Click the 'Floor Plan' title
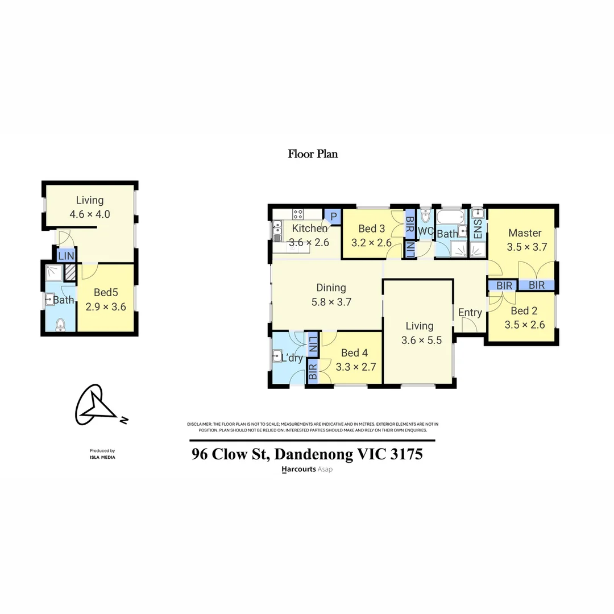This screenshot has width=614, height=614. click(313, 153)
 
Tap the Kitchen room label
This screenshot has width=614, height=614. click(309, 229)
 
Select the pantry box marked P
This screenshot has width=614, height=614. click(332, 217)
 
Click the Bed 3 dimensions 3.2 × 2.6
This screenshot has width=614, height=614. click(367, 243)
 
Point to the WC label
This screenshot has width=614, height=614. click(426, 231)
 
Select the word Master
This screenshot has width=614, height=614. click(525, 233)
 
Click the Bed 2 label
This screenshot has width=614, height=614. click(524, 311)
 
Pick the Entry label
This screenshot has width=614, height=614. click(470, 313)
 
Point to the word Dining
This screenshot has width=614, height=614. click(330, 288)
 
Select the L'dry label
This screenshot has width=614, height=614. click(292, 358)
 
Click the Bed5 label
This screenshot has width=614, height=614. click(106, 293)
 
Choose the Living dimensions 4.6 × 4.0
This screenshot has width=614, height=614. click(89, 214)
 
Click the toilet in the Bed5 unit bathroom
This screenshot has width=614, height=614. click(61, 325)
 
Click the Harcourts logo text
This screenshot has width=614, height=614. click(298, 470)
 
